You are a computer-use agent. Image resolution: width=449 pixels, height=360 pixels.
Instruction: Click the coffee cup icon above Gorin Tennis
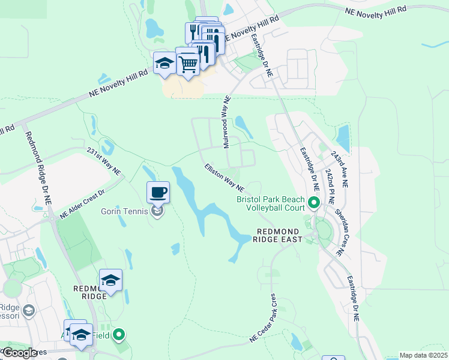(x=158, y=193)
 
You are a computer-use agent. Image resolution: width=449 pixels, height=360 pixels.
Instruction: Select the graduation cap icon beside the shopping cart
(x=164, y=63)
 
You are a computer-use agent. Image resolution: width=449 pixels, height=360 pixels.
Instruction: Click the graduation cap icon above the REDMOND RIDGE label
(x=110, y=280)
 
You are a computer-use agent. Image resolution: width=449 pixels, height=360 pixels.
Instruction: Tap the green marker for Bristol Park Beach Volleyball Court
(x=313, y=203)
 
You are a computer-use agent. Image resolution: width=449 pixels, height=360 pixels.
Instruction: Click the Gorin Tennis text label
(x=127, y=211)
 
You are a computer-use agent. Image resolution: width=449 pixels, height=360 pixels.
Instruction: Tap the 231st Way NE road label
(x=104, y=161)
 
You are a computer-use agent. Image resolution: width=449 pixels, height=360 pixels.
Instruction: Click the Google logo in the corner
(x=19, y=353)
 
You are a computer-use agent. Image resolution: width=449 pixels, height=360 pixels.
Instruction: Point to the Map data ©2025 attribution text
(x=423, y=355)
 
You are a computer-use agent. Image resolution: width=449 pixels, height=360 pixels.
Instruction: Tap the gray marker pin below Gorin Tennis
(x=157, y=211)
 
